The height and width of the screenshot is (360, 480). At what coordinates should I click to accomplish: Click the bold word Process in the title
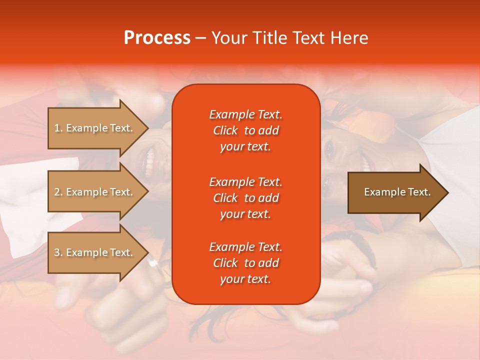click(x=157, y=38)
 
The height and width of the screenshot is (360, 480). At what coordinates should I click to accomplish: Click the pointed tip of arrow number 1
click(x=147, y=128)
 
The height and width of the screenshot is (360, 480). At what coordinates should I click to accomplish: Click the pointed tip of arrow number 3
click(x=147, y=252)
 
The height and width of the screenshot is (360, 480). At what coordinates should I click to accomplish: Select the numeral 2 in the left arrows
click(x=57, y=192)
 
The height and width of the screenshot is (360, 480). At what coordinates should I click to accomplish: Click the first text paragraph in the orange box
click(x=245, y=130)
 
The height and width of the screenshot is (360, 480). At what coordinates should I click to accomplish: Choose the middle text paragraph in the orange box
click(x=245, y=198)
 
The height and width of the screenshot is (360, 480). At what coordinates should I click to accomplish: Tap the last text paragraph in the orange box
click(x=245, y=263)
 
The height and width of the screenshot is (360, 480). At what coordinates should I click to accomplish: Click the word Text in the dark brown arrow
click(x=418, y=192)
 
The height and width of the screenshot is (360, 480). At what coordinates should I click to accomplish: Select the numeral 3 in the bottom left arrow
click(x=57, y=252)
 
